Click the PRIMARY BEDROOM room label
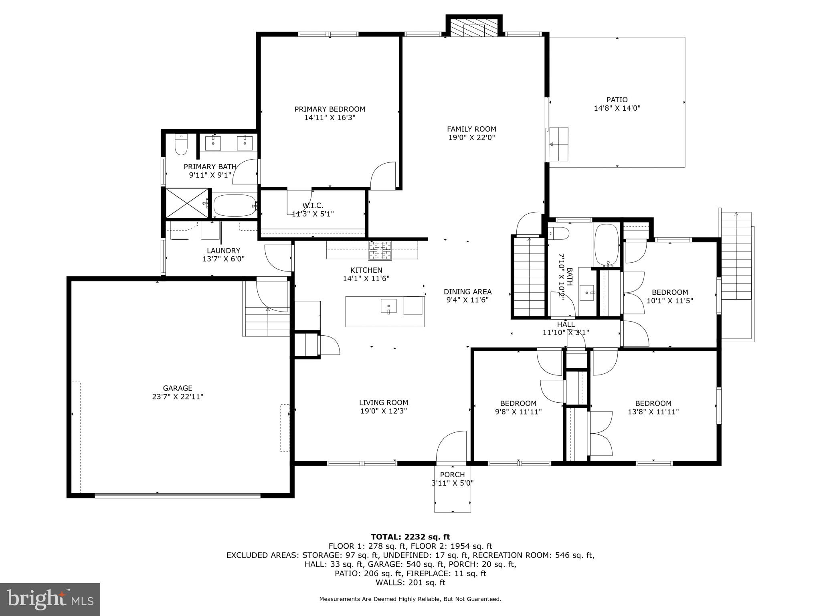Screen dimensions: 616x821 click(x=330, y=109)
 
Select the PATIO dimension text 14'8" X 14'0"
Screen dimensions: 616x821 click(x=617, y=108)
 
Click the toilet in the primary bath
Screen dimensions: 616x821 click(x=181, y=145)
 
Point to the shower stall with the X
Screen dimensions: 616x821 click(x=187, y=203)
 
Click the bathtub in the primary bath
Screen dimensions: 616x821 click(x=234, y=205)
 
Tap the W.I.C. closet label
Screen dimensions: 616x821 click(x=313, y=206)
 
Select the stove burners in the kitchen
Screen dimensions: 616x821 click(x=380, y=250)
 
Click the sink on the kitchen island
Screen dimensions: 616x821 click(x=388, y=306)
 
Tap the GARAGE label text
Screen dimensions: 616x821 click(x=178, y=388)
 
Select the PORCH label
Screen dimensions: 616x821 click(x=452, y=475)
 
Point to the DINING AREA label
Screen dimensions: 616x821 click(x=467, y=292)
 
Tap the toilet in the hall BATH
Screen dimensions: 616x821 click(x=559, y=233)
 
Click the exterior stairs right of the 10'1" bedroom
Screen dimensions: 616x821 click(x=736, y=257)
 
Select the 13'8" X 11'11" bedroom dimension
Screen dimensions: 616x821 click(x=653, y=411)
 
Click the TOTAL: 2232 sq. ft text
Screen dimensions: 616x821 click(x=410, y=537)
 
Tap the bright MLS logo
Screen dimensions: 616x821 click(x=50, y=599)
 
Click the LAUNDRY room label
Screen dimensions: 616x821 click(x=223, y=251)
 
